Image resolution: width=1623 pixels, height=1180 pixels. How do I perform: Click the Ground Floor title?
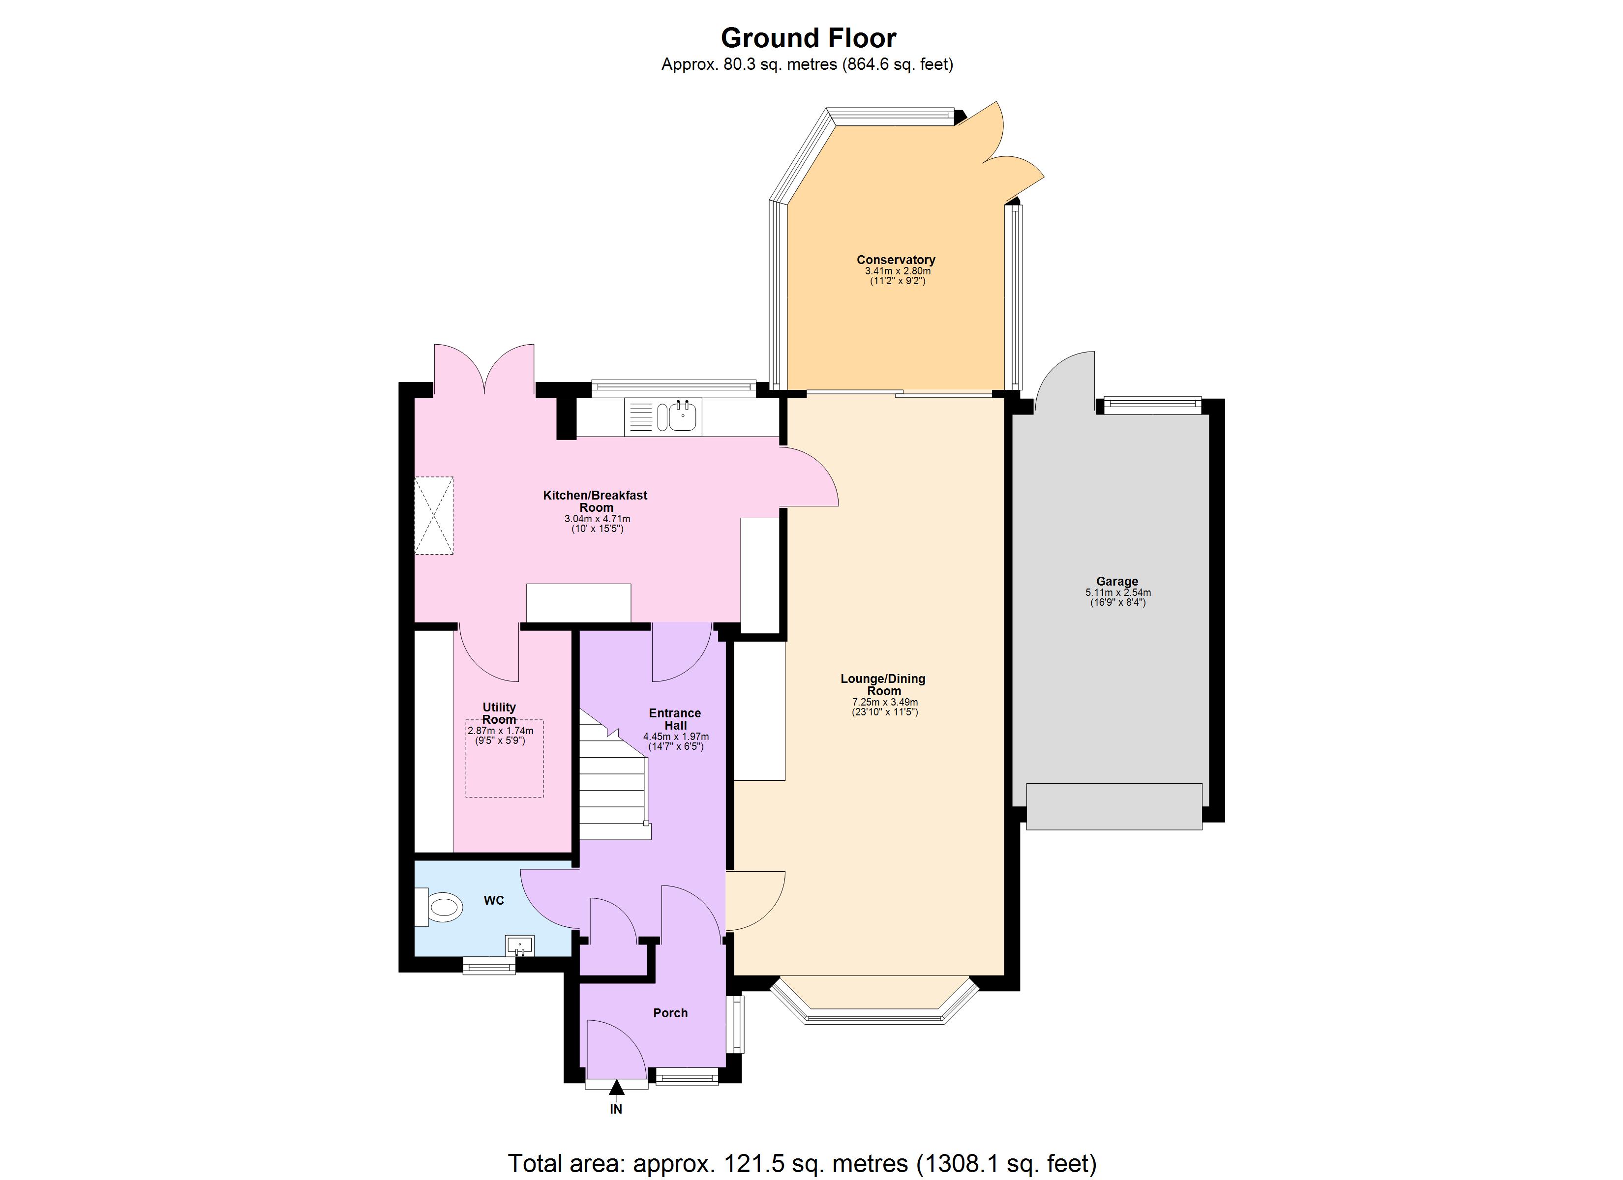[x=808, y=37]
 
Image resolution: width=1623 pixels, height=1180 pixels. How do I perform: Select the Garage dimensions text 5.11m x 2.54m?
[x=1117, y=592]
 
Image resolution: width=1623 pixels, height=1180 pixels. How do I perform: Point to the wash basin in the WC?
[x=519, y=945]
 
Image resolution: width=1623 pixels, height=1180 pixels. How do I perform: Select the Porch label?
[x=670, y=1012]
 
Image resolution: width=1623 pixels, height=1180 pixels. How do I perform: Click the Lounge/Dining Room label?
[x=883, y=684]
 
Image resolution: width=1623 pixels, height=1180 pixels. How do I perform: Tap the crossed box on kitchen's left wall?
[x=434, y=515]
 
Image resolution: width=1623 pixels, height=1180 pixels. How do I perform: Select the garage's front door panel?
[x=1113, y=806]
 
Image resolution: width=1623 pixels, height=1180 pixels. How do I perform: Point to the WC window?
[x=489, y=968]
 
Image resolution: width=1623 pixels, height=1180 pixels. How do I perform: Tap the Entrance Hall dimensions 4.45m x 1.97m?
[x=676, y=737]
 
